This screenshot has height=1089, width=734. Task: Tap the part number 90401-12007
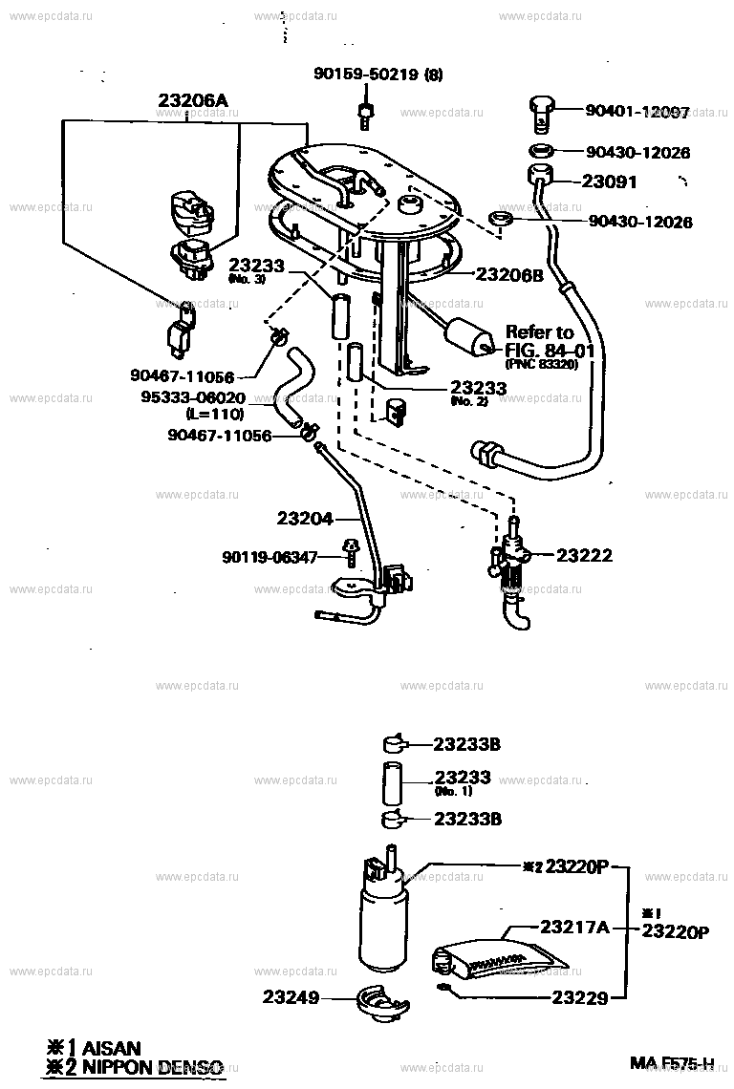[637, 111]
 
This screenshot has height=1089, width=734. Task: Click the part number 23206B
[509, 275]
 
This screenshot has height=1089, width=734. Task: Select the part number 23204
[305, 519]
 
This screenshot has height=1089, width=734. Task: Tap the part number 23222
[584, 555]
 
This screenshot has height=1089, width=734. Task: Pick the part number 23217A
[573, 926]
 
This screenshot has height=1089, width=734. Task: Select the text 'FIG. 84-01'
[550, 350]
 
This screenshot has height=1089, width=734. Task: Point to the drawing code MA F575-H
[672, 1063]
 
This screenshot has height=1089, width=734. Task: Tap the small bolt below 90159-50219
[365, 116]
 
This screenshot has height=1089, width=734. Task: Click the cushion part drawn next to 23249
[379, 1000]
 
